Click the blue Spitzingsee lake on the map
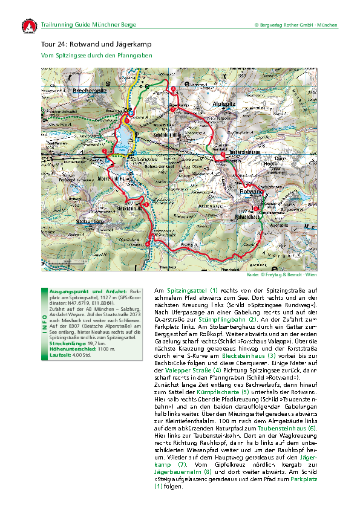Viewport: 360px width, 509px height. (x=125, y=134)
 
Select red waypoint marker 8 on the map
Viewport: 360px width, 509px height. (x=174, y=89)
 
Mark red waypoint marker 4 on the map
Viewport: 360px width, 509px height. (x=148, y=244)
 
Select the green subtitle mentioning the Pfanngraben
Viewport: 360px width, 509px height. (x=96, y=56)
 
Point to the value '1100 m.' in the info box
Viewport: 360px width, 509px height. (x=91, y=349)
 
